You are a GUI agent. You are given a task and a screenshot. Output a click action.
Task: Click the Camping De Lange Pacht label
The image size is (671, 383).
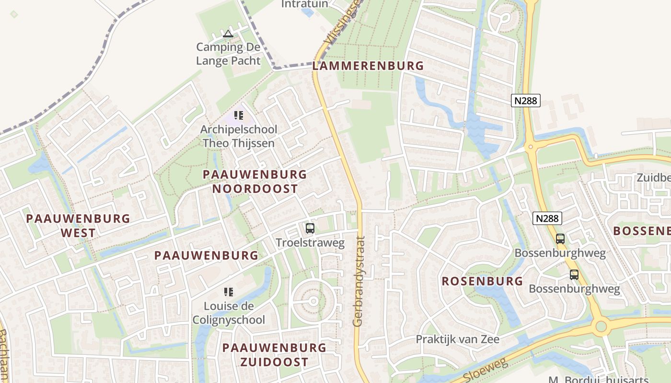228,54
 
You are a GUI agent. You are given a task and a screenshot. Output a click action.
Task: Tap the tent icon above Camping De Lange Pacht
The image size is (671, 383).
228,34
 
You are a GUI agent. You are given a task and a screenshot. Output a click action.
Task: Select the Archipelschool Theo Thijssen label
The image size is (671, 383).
239,136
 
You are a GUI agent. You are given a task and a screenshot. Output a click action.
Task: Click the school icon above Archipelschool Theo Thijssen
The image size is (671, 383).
239,115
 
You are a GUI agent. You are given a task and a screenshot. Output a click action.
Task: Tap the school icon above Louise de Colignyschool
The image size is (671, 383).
229,292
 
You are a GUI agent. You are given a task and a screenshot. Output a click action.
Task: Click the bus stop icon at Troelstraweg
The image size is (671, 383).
310,228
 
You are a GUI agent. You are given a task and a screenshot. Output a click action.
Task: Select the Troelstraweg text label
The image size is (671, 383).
310,243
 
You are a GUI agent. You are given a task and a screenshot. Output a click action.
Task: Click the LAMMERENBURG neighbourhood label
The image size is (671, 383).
368,66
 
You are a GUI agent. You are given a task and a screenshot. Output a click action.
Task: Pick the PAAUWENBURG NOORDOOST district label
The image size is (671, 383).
255,181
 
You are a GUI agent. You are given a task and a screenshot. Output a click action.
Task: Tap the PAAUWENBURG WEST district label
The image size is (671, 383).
78,226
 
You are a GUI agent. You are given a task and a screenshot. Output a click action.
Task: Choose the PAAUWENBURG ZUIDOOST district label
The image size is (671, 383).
274,355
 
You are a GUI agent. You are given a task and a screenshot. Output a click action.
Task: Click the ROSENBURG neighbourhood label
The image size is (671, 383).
482,281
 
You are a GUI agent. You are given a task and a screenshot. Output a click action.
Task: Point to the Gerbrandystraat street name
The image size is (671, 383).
359,282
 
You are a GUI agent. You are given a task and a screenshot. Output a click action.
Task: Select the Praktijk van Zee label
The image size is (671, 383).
457,339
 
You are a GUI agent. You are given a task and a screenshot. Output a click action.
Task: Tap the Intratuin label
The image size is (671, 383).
304,4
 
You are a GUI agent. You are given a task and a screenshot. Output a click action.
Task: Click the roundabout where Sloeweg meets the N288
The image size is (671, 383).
600,327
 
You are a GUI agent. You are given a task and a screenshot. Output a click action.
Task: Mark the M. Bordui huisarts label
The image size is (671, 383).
609,380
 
